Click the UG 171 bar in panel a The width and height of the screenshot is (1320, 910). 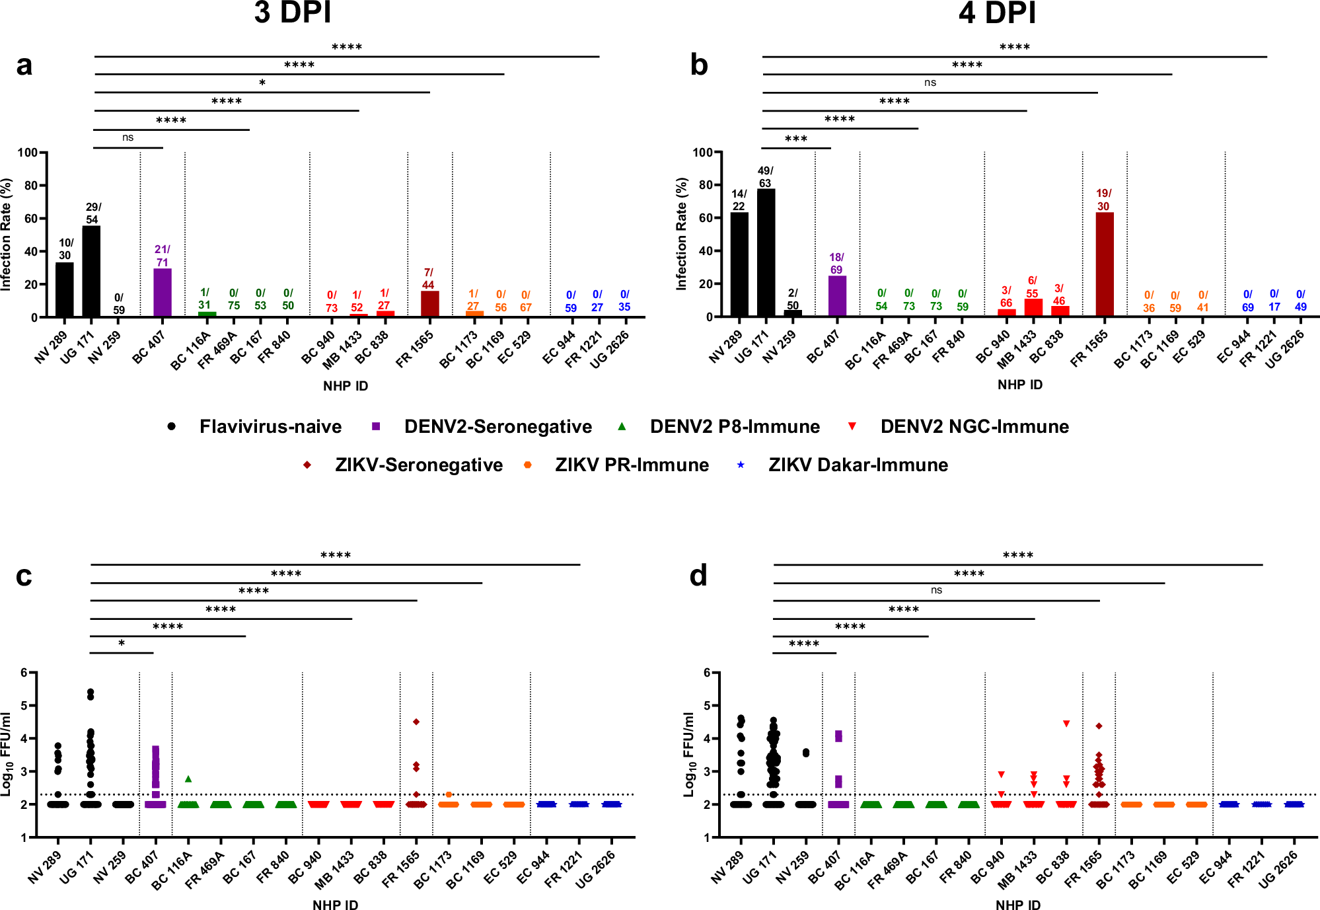click(91, 271)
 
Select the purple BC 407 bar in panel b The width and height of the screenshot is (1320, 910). click(837, 296)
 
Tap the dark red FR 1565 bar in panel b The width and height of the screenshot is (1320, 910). click(1104, 264)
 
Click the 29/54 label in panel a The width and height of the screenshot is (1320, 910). click(93, 213)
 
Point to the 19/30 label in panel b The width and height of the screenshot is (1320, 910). click(1103, 200)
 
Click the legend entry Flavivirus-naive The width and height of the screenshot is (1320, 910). click(270, 427)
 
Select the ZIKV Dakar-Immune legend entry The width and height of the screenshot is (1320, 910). click(858, 465)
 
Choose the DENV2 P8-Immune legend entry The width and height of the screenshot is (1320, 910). click(734, 427)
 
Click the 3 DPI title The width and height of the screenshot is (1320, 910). click(293, 13)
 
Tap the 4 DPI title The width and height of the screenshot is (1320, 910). click(997, 13)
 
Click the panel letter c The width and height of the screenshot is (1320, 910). click(24, 576)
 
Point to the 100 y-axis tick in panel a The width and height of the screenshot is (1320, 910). click(28, 153)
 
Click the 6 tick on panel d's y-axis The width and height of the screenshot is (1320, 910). click(707, 673)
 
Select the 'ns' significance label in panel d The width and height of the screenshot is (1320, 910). click(936, 590)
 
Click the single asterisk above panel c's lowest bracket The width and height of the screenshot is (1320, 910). click(122, 643)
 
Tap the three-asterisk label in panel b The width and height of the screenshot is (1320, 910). click(796, 139)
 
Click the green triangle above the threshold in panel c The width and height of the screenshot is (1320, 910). click(188, 779)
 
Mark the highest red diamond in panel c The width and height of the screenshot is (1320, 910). click(416, 722)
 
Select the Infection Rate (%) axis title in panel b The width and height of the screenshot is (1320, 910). click(682, 234)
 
